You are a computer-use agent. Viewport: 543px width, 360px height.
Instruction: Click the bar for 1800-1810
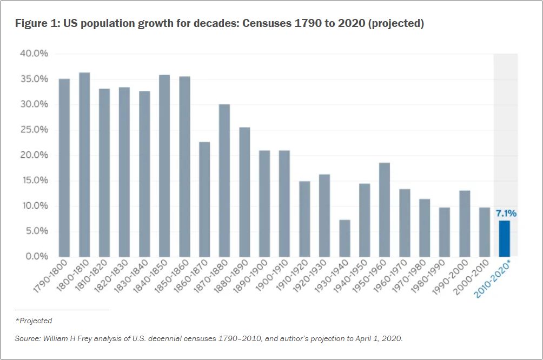click(84, 164)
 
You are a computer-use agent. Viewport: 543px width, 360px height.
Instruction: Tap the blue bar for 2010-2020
click(504, 238)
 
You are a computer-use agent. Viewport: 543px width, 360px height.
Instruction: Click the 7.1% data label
click(506, 214)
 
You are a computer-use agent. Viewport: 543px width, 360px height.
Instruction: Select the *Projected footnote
click(34, 321)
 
